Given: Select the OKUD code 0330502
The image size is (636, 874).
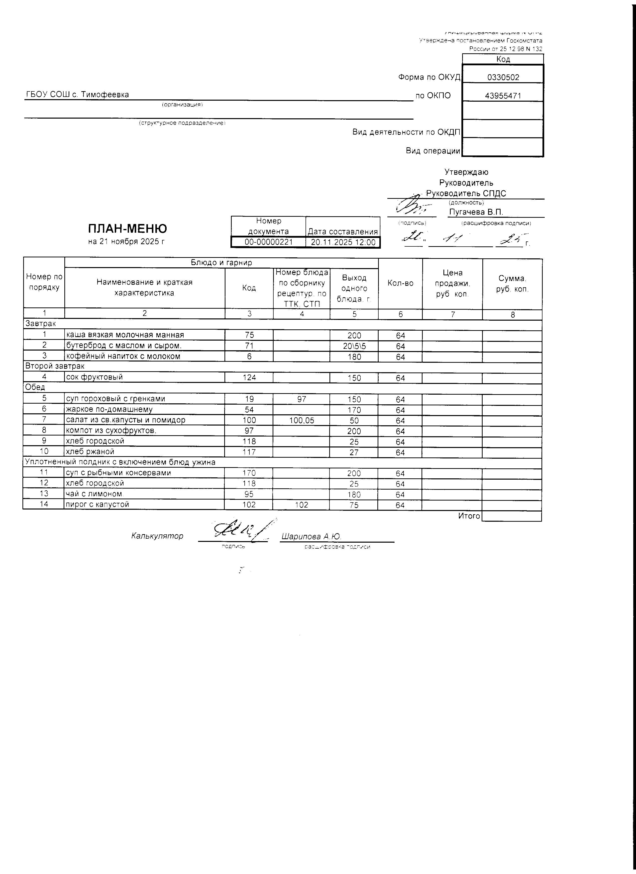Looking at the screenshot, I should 503,77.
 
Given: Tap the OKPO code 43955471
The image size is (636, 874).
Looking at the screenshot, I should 503,96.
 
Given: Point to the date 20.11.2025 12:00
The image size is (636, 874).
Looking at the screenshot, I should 343,242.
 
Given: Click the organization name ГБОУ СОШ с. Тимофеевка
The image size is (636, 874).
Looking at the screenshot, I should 77,95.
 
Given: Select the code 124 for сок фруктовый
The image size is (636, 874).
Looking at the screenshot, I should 249,377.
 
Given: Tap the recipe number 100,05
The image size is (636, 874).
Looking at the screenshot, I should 302,420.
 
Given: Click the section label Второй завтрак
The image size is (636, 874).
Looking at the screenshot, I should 54,366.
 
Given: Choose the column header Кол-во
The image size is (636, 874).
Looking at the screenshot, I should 400,283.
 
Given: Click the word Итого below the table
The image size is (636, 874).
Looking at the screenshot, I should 469,516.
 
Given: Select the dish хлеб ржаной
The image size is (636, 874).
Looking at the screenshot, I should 90,452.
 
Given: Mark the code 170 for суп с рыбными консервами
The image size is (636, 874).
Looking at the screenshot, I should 249,473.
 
